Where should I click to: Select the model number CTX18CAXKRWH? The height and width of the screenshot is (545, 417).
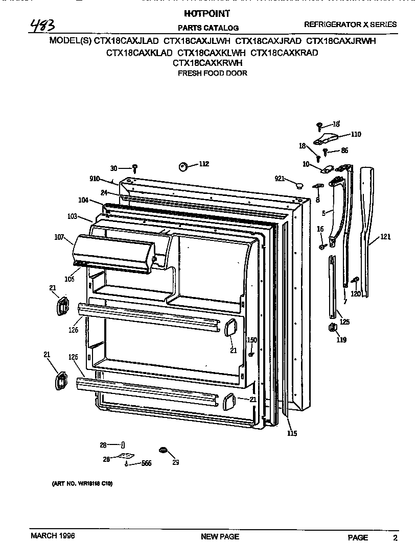tap(207, 63)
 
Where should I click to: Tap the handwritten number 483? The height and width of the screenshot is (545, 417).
tap(43, 25)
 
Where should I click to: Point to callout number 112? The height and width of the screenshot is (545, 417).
tap(203, 164)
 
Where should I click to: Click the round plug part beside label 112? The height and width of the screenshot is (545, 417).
tap(182, 166)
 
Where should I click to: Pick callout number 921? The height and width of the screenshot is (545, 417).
tap(279, 178)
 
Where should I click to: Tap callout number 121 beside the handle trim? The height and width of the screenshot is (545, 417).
tap(386, 237)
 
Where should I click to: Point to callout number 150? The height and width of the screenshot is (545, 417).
tap(252, 340)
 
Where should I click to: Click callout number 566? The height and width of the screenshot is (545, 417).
tap(147, 463)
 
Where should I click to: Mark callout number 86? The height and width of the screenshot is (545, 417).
tap(344, 151)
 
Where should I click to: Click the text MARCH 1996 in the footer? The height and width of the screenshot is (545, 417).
tap(53, 536)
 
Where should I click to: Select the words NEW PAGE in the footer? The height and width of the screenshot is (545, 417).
tap(220, 536)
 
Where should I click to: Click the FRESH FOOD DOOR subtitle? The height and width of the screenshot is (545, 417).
tap(212, 73)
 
